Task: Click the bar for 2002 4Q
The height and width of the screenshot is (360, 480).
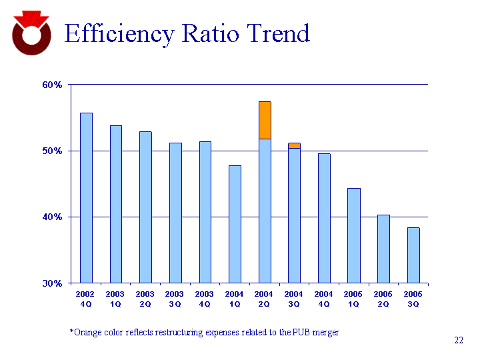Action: (86, 197)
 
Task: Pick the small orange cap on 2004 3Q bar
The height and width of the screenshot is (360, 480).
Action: (294, 145)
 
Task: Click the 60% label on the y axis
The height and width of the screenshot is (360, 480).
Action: (53, 85)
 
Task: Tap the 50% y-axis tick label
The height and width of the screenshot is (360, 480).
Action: (53, 151)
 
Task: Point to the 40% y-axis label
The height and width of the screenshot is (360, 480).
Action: (53, 217)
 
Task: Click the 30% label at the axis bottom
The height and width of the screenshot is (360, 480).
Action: (53, 283)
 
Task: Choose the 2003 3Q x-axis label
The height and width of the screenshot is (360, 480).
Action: (175, 299)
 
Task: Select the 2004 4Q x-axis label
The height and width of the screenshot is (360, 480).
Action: (324, 299)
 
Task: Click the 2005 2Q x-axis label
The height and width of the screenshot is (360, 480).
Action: (383, 299)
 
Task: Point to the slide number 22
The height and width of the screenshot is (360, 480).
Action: (459, 341)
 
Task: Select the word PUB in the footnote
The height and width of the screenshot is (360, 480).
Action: (299, 332)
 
